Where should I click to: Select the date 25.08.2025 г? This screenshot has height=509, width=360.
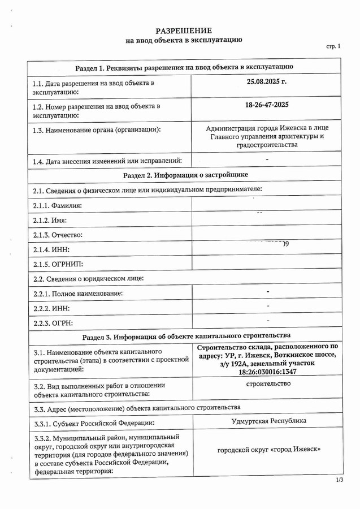(267, 82)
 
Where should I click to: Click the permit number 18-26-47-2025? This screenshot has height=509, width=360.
(267, 105)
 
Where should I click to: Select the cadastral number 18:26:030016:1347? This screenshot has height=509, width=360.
(268, 372)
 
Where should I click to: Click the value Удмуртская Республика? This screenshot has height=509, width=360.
(269, 421)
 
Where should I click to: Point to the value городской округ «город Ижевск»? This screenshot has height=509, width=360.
(269, 450)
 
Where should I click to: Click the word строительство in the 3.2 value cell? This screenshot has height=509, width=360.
(269, 384)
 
